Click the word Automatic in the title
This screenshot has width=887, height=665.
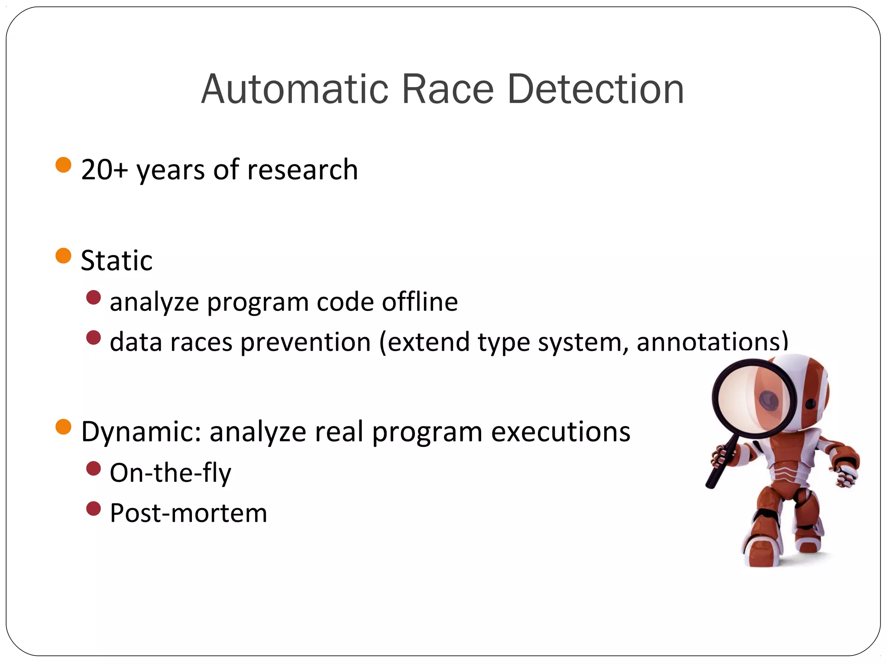coord(295,90)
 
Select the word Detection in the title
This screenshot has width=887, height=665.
coord(595,90)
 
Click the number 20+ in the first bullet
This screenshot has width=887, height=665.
coord(104,170)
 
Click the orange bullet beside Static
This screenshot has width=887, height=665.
coord(63,256)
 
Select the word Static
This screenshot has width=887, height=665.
coord(117,261)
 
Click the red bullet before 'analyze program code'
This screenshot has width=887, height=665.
coord(94,297)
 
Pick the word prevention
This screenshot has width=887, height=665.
coord(305,342)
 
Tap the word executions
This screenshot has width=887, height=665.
coord(560,432)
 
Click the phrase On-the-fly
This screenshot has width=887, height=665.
coord(170,473)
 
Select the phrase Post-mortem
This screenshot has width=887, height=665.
coord(188,513)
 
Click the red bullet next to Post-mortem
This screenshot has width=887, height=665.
coord(94,509)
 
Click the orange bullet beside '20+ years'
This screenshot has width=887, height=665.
coord(63,165)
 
